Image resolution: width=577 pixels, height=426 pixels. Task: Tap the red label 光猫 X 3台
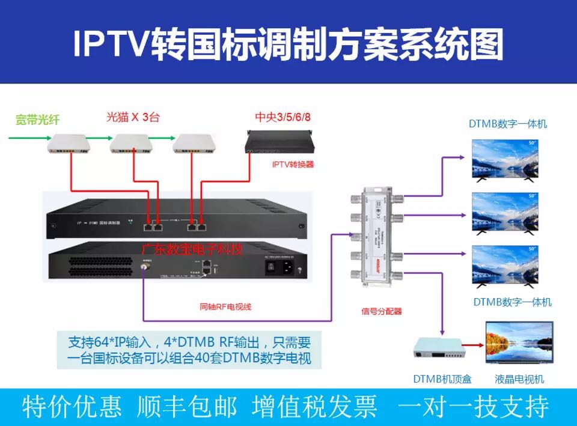(133, 117)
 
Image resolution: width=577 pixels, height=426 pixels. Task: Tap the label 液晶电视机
(519, 379)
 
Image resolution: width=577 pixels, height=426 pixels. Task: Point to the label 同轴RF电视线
(225, 307)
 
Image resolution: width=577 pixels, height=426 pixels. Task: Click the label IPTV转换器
(293, 164)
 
